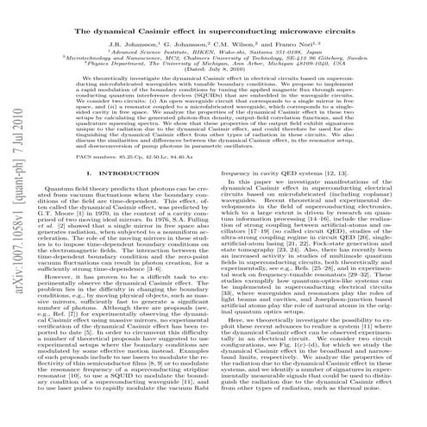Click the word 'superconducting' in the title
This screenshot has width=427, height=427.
[244, 30]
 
